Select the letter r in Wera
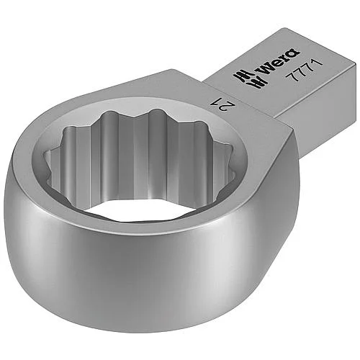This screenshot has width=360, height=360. (285, 57)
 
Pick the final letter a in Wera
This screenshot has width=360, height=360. (293, 53)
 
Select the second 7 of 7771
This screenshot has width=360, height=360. (300, 72)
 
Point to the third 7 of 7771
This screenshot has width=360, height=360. (309, 67)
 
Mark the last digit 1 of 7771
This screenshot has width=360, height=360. (318, 63)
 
